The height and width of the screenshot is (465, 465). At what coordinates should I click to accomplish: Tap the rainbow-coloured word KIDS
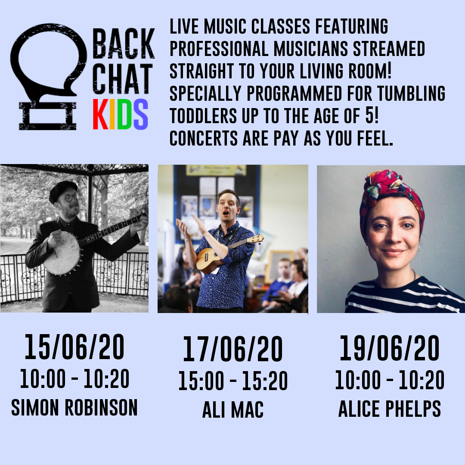[x=121, y=115]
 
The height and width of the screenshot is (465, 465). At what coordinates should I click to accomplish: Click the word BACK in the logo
[x=124, y=43]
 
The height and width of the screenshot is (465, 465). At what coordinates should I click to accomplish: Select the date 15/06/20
[x=74, y=347]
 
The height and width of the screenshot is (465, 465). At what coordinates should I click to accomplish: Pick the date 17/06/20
[x=233, y=349]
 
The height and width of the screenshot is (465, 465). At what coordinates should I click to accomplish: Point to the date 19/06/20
[x=389, y=348]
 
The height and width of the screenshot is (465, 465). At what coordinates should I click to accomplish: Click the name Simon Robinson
[x=74, y=407]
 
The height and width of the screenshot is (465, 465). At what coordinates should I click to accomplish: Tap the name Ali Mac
[x=233, y=409]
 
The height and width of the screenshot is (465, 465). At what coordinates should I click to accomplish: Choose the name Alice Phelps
[x=389, y=408]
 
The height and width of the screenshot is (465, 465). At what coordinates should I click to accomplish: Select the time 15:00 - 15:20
[x=233, y=381]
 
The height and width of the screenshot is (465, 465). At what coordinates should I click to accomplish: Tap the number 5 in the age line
[x=369, y=116]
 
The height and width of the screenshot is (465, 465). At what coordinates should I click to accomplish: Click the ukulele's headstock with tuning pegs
[x=257, y=239]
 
